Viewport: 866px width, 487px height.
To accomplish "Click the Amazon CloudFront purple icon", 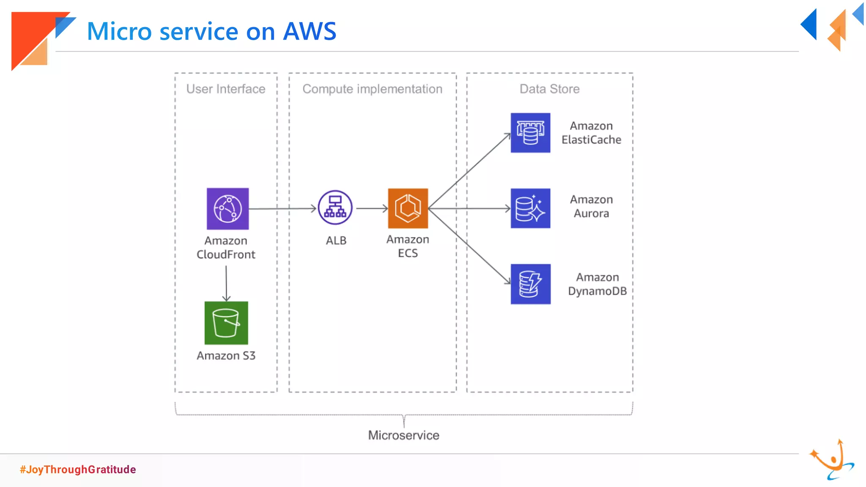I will pos(227,209).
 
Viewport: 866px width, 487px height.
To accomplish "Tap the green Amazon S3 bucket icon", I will pos(226,323).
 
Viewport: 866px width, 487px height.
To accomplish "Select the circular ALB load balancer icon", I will pos(335,208).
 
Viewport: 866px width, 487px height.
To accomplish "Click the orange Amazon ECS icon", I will pos(408,208).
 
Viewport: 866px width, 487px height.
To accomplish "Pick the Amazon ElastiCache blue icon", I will pos(530,133).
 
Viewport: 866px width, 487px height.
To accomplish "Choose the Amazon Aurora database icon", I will pos(530,208).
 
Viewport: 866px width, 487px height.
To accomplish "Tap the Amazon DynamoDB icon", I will pos(530,284).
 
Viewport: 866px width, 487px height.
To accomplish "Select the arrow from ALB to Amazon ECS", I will pos(371,208).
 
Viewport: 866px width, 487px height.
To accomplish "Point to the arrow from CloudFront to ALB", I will pos(282,208).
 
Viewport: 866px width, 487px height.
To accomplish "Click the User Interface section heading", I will pos(226,89).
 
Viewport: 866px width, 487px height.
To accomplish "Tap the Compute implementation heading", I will pos(372,89).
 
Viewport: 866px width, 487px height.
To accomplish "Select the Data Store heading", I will pos(549,89).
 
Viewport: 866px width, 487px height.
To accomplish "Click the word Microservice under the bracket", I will pos(403,435).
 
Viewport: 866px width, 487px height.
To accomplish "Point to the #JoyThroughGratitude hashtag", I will pos(78,470).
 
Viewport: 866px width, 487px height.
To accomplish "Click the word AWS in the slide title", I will pos(310,31).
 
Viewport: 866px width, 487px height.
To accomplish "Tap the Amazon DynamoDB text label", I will pos(597,284).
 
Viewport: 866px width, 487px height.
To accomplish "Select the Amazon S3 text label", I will pos(226,356).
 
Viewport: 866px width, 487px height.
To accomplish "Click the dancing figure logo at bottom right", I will pos(832,460).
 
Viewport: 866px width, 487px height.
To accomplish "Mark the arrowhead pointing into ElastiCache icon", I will pos(508,135).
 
